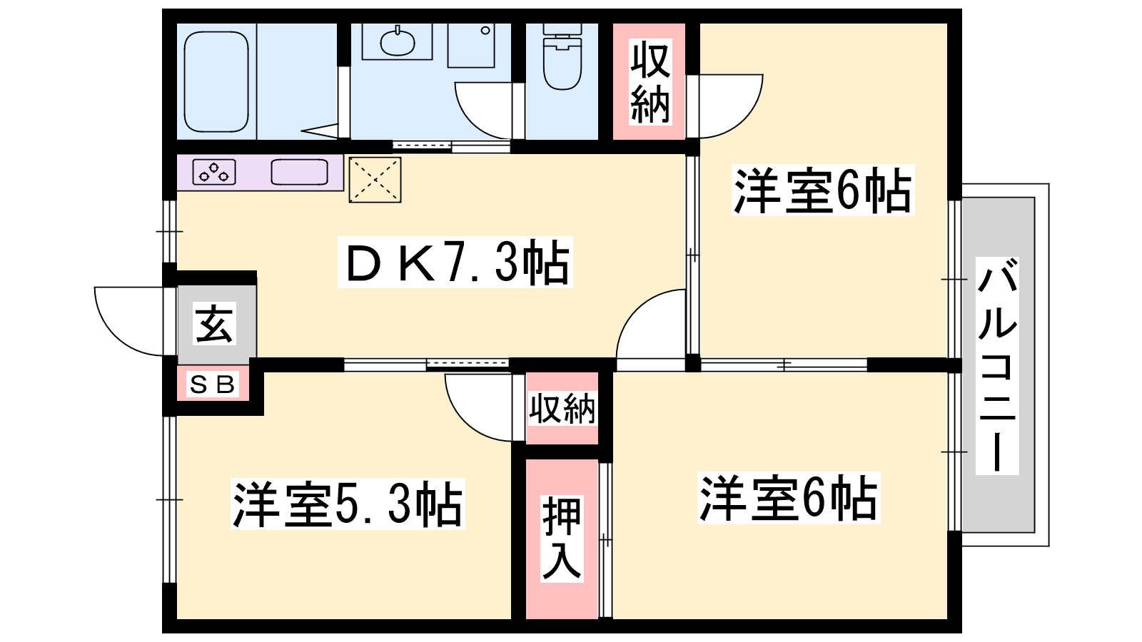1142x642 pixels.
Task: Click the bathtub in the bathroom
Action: (216, 81)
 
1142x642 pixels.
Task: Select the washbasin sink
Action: (398, 42)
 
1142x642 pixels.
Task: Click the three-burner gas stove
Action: (214, 172)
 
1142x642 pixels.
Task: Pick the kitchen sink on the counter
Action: (299, 172)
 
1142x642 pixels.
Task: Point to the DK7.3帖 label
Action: (455, 262)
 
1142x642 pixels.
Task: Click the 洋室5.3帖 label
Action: (348, 504)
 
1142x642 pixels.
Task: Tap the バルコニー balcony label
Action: (997, 366)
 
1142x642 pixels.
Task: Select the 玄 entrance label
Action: (215, 324)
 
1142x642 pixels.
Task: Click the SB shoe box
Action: (213, 384)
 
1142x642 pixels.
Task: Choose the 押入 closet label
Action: (562, 539)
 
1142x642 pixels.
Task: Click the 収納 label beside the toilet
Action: (650, 82)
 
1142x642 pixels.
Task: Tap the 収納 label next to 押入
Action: (562, 408)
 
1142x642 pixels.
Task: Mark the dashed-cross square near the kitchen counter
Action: (375, 180)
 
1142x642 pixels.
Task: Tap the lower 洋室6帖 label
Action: (789, 498)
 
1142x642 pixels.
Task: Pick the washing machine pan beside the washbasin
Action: (471, 46)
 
